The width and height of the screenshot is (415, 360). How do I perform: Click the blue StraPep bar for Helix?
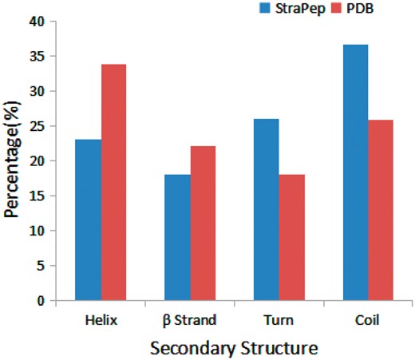[x=89, y=220]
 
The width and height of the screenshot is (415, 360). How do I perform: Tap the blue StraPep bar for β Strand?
[x=177, y=237]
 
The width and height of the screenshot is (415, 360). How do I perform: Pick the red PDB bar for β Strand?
[x=202, y=224]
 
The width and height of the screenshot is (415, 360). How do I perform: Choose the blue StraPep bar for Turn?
[x=267, y=210]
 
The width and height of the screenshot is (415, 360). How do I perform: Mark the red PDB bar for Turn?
[x=291, y=237]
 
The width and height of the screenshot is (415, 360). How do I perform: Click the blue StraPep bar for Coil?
[x=355, y=172]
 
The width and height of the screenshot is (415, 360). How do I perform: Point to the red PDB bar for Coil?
[x=380, y=210]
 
